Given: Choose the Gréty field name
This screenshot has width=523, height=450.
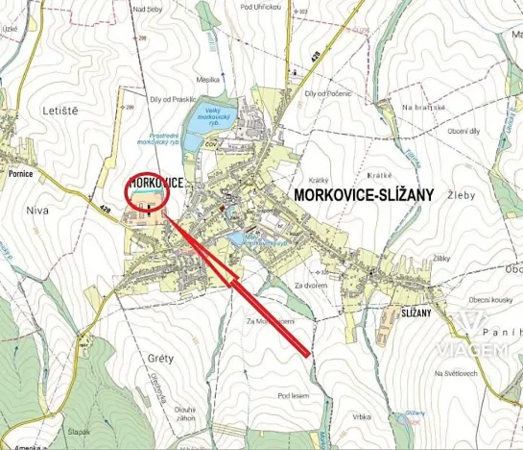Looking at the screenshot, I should click(x=160, y=359).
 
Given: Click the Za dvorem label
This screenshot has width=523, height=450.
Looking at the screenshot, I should click(x=313, y=286).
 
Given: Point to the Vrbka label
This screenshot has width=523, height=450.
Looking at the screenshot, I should click(x=362, y=416).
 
